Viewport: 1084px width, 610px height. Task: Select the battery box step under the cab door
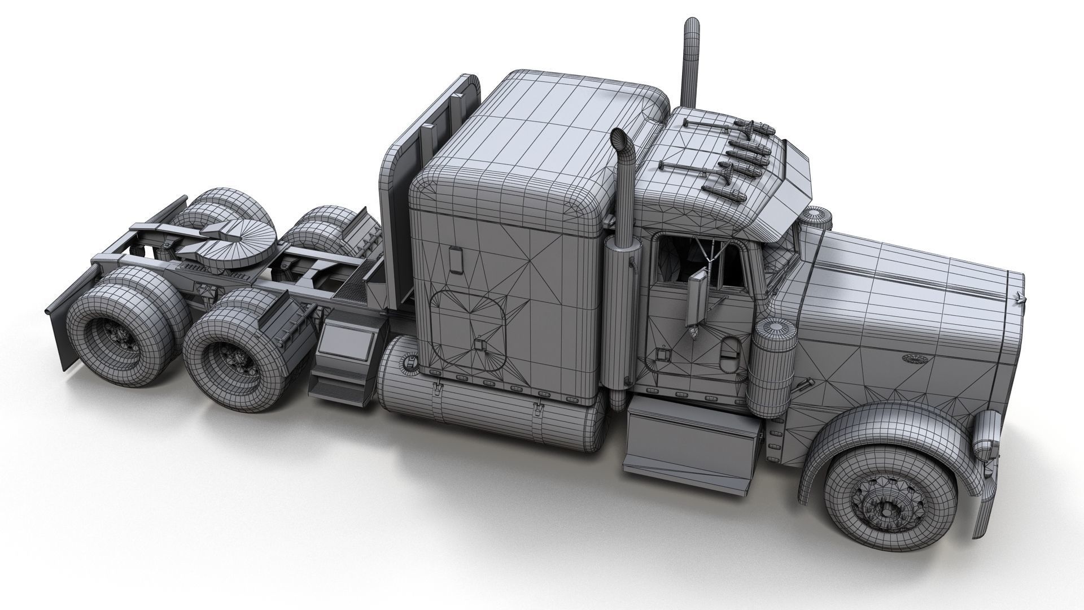(x=692, y=446)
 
